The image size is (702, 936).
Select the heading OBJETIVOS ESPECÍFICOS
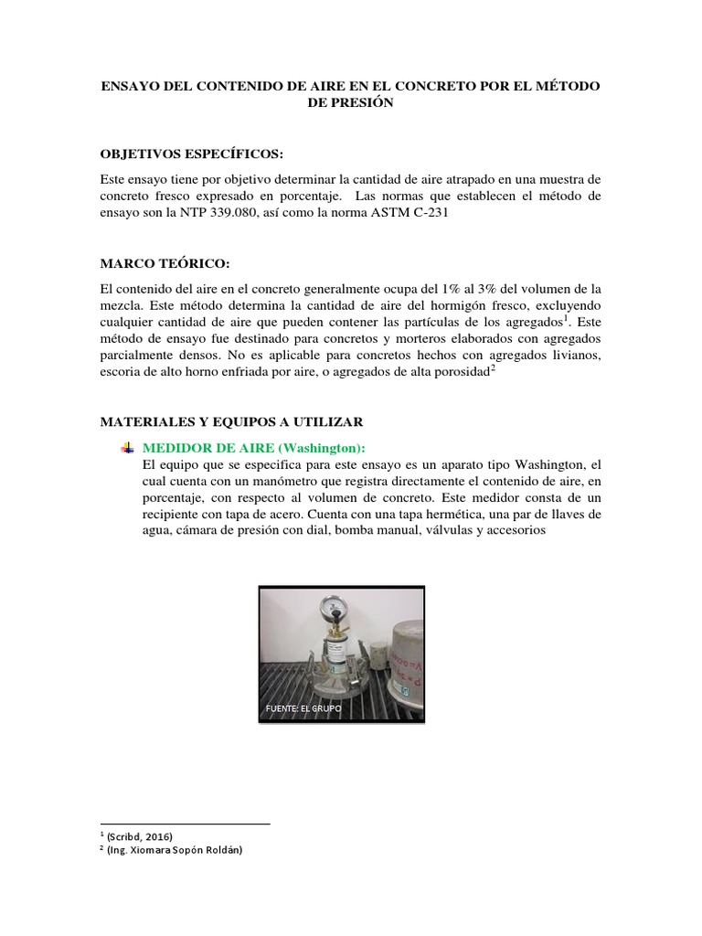click(x=187, y=152)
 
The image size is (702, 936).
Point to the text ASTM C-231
click(x=434, y=214)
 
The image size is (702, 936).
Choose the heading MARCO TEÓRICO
click(x=152, y=263)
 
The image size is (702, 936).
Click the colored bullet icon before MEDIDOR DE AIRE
click(x=127, y=447)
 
